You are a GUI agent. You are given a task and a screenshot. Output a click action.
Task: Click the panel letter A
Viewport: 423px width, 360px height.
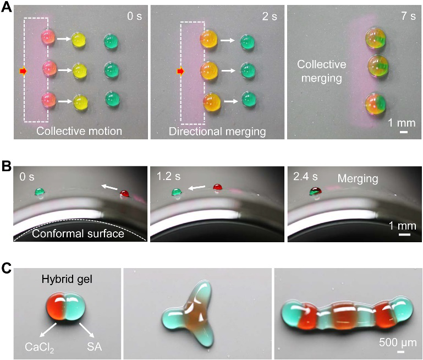pyautogui.click(x=6, y=7)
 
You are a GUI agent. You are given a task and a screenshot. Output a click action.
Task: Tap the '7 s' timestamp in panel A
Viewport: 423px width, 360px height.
pyautogui.click(x=408, y=16)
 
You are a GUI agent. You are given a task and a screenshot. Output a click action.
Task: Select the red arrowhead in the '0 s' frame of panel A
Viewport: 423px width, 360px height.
pyautogui.click(x=24, y=71)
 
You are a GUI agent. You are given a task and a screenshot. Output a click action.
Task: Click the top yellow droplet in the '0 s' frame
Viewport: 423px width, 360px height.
pyautogui.click(x=79, y=40)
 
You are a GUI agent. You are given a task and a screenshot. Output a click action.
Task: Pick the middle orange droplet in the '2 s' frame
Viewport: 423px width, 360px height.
pyautogui.click(x=209, y=70)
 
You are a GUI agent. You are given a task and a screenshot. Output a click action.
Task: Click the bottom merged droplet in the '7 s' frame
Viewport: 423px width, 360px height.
pyautogui.click(x=376, y=104)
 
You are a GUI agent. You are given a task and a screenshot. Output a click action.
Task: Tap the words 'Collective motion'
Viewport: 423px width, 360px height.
pyautogui.click(x=79, y=131)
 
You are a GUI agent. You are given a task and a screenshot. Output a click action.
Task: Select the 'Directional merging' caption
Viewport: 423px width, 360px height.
pyautogui.click(x=217, y=132)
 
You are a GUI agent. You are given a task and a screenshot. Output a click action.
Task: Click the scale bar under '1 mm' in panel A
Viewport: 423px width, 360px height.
pyautogui.click(x=404, y=132)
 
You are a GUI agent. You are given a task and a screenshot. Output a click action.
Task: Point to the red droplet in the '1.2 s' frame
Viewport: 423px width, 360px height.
pyautogui.click(x=217, y=187)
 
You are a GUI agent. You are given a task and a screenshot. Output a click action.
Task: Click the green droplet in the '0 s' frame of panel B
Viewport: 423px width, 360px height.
pyautogui.click(x=40, y=192)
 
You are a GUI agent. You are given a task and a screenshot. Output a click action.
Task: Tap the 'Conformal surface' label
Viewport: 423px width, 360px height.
pyautogui.click(x=78, y=233)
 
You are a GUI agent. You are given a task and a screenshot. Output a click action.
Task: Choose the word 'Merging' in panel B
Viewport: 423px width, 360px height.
pyautogui.click(x=358, y=179)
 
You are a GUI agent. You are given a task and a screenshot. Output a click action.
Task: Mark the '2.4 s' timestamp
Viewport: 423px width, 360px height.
pyautogui.click(x=305, y=177)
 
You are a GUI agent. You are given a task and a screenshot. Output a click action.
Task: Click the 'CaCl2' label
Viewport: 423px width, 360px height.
pyautogui.click(x=40, y=347)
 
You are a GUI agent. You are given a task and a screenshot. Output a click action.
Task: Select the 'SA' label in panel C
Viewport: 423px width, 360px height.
pyautogui.click(x=95, y=346)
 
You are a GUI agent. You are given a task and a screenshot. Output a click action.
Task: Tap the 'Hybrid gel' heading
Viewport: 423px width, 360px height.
pyautogui.click(x=67, y=279)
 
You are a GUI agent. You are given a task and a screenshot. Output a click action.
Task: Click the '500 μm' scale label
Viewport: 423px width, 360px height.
pyautogui.click(x=398, y=342)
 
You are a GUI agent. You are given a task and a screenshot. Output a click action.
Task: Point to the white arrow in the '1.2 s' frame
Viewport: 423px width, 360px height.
pyautogui.click(x=197, y=187)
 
